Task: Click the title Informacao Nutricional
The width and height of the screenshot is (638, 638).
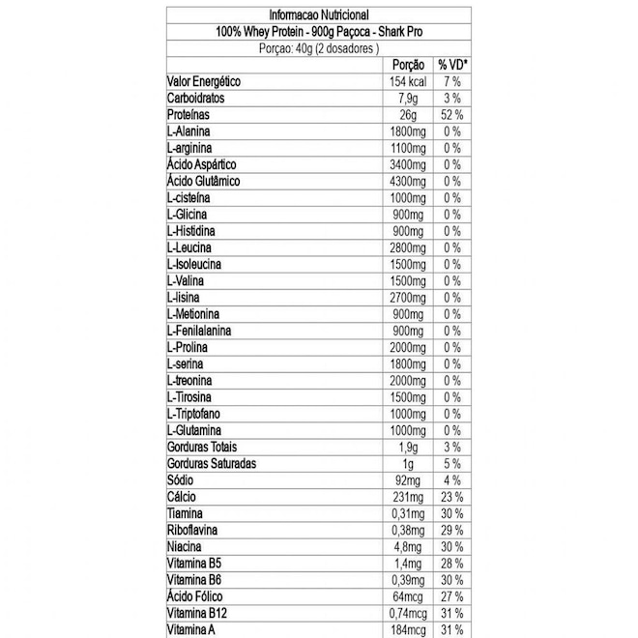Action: click(319, 14)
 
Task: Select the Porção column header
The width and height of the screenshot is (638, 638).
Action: click(406, 65)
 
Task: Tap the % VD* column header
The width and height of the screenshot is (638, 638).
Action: click(452, 65)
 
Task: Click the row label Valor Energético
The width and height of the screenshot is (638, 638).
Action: click(203, 81)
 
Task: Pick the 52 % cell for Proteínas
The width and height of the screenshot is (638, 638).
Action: click(452, 114)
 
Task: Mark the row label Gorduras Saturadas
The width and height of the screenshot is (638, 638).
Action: click(212, 463)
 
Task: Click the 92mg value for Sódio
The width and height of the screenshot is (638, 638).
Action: click(406, 479)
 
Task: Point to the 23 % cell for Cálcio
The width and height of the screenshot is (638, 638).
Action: click(452, 497)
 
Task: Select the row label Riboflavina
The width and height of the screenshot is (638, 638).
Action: click(192, 530)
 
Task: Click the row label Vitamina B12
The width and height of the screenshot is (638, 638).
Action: click(198, 613)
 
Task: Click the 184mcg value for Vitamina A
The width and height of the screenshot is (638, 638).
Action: click(406, 629)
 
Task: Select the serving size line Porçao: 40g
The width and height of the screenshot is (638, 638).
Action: click(319, 47)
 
